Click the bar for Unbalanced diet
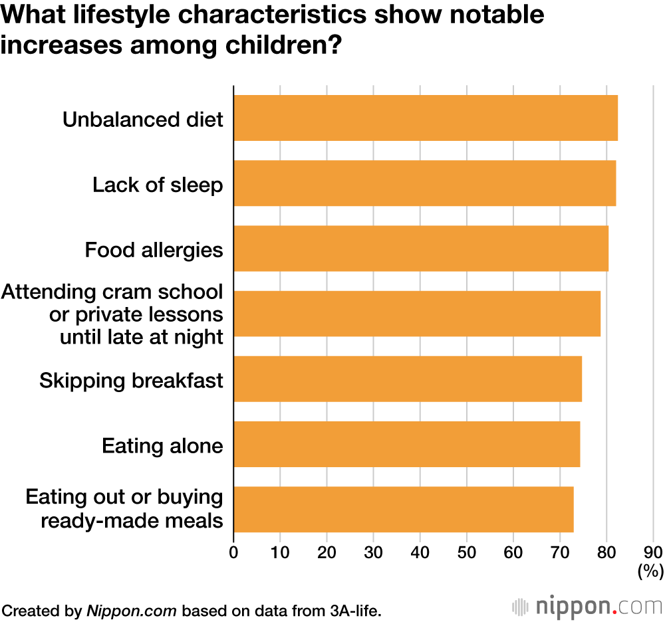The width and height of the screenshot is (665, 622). tap(426, 118)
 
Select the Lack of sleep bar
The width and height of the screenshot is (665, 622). tap(424, 183)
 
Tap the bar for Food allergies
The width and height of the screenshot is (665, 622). tap(421, 248)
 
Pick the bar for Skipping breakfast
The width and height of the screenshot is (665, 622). tap(408, 379)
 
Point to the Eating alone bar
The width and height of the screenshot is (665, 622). tap(406, 444)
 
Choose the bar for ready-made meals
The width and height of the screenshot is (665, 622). tap(403, 509)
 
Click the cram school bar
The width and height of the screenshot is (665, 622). tap(417, 314)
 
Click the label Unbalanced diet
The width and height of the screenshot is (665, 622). tap(142, 119)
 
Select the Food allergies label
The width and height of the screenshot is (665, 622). tap(154, 250)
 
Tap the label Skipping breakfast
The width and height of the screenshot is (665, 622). tap(131, 381)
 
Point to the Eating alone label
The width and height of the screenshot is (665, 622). tap(162, 445)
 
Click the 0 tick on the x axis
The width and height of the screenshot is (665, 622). tap(233, 552)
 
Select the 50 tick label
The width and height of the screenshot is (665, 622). tap(466, 552)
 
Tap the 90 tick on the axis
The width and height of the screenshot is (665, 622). tap(653, 552)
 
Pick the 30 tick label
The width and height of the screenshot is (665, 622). tap(373, 552)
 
